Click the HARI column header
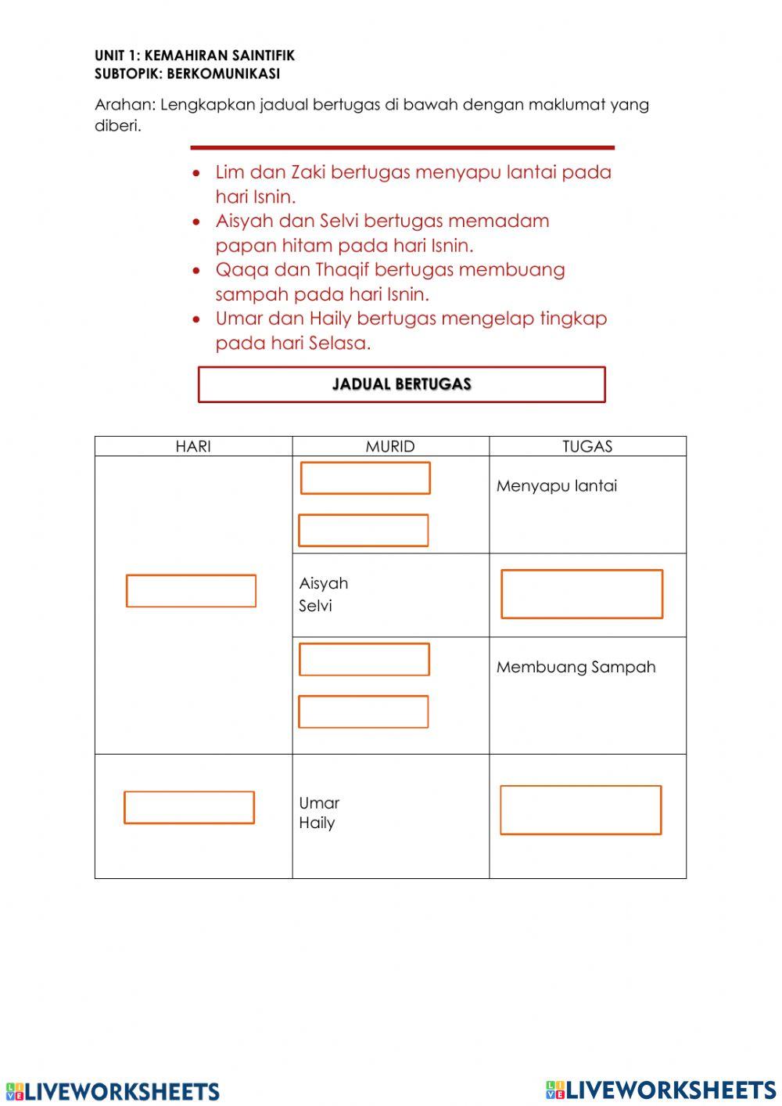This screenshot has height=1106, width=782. point(193,446)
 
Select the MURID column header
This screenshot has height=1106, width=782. point(390,446)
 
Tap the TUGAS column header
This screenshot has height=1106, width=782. point(587,446)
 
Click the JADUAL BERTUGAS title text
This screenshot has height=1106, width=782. point(402,384)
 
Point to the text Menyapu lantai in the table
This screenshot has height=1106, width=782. point(557,486)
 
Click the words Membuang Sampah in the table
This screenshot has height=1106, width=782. point(576,667)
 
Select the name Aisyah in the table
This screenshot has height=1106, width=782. point(324,583)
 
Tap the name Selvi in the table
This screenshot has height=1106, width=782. point(315,606)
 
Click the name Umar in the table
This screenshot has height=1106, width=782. point(319,803)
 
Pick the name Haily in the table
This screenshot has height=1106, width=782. point(317,823)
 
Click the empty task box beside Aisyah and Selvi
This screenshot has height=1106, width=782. point(582,594)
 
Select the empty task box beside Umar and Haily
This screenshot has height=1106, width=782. point(580,810)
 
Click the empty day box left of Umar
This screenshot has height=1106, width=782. point(189,808)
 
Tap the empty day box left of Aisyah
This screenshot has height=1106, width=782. point(191,591)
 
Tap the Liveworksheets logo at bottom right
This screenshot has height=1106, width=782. point(661,1090)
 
